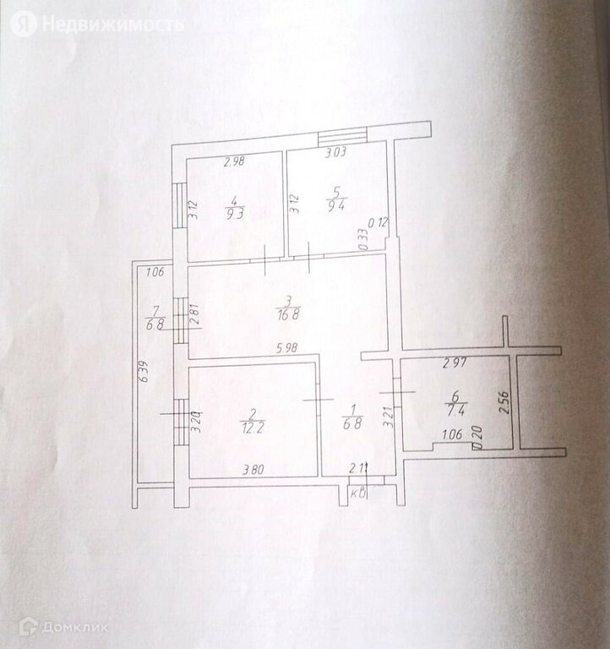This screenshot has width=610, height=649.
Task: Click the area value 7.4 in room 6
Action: (455, 409)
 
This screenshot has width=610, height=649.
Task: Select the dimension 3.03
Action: (337, 153)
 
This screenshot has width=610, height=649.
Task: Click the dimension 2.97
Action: (456, 364)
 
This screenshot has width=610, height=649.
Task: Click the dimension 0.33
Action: (362, 237)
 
